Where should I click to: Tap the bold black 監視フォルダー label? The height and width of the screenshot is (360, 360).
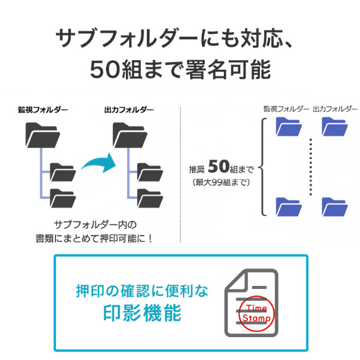(x=43, y=110)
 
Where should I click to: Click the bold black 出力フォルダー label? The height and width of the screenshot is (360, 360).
(x=129, y=110)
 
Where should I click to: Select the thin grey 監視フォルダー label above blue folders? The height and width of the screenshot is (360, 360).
(x=287, y=109)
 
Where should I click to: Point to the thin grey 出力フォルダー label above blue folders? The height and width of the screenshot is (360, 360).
(x=335, y=109)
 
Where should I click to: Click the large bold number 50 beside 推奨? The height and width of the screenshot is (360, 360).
(x=219, y=166)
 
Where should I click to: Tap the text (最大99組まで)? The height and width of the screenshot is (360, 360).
(x=221, y=182)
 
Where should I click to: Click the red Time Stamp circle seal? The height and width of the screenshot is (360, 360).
(x=256, y=314)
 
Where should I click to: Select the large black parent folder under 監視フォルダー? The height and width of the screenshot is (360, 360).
(x=43, y=135)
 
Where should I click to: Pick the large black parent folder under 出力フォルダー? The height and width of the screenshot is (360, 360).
(x=130, y=135)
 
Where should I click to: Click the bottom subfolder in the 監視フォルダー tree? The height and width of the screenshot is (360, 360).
(x=63, y=198)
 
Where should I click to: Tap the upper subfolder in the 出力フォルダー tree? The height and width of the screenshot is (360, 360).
(x=150, y=172)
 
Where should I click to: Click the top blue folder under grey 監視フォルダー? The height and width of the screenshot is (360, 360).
(x=288, y=126)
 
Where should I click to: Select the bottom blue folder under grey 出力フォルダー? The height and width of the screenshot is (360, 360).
(x=335, y=206)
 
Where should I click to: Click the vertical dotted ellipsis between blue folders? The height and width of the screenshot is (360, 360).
(x=311, y=167)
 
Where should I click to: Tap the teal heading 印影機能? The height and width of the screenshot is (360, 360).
(x=142, y=313)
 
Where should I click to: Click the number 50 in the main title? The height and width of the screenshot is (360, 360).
(x=105, y=69)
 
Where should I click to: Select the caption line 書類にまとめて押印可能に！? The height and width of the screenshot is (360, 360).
(x=94, y=239)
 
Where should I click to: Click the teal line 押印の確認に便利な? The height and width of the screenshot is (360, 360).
(x=142, y=291)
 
